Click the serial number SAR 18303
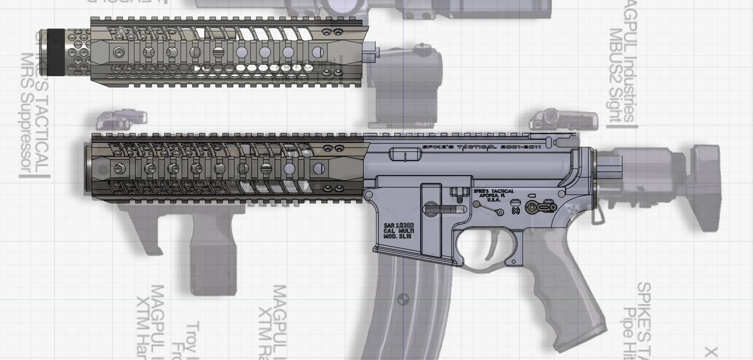[399, 226]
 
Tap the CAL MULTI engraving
[399, 231]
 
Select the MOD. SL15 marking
[397, 237]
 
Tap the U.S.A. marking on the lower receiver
[494, 200]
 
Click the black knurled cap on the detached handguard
[55, 52]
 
